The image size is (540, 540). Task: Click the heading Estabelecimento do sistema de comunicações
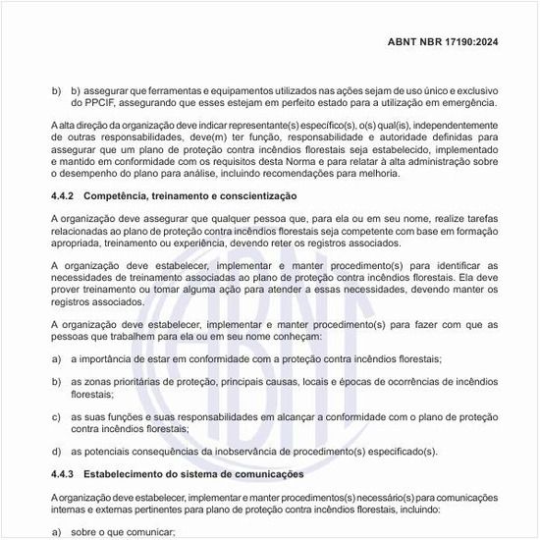coord(193,474)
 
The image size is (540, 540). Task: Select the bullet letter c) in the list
coord(57,416)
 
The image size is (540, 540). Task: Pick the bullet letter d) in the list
coord(57,452)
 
